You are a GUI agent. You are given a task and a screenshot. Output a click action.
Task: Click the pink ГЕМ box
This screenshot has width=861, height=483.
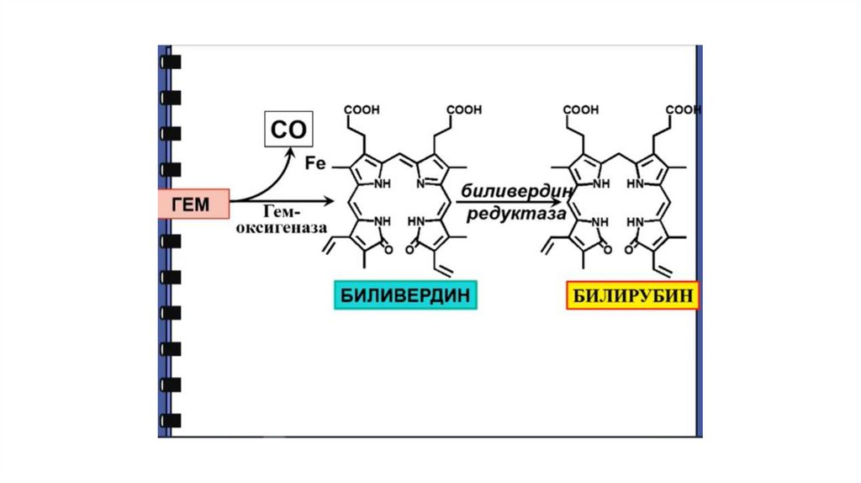[x=193, y=203]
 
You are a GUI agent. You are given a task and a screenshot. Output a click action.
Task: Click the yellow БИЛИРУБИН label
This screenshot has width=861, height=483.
[x=632, y=295]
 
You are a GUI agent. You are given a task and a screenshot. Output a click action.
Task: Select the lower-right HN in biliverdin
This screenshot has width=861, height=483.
[x=418, y=223]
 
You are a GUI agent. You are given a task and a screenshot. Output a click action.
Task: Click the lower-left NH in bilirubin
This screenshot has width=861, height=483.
[x=600, y=223]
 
